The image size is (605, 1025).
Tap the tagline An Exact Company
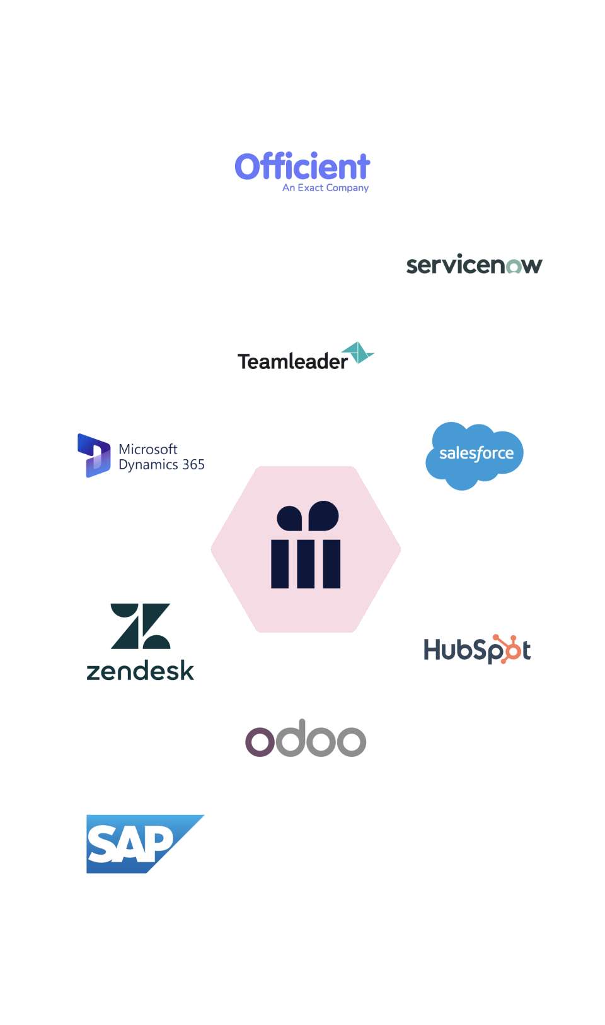(325, 188)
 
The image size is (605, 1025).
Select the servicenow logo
(474, 265)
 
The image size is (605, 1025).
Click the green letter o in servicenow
(514, 266)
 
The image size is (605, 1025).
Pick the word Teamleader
(292, 361)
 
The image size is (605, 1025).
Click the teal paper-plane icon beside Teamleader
(359, 353)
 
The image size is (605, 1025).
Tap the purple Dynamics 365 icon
(94, 455)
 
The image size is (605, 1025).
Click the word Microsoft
(148, 449)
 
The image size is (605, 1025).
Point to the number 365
(193, 465)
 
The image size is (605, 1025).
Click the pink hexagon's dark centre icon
(306, 546)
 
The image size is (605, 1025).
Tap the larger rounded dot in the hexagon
(324, 515)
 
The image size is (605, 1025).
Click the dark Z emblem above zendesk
(141, 626)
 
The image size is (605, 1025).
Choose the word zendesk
(140, 671)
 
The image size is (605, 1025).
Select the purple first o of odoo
(260, 741)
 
